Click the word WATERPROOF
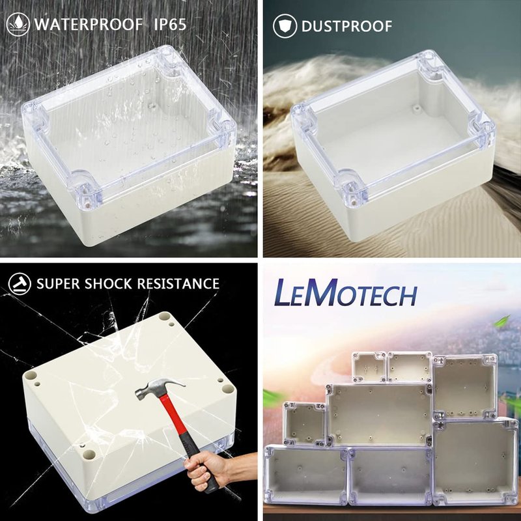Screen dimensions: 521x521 pyautogui.click(x=89, y=25)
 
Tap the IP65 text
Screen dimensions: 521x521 pyautogui.click(x=170, y=25)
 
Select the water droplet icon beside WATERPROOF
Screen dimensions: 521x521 pyautogui.click(x=18, y=24)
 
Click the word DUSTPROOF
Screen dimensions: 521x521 pyautogui.click(x=346, y=27)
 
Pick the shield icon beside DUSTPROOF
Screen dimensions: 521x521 pyautogui.click(x=285, y=26)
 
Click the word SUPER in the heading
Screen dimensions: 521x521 pyautogui.click(x=58, y=284)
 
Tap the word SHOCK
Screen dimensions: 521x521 pyautogui.click(x=108, y=284)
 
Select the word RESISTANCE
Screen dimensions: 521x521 pyautogui.click(x=178, y=284)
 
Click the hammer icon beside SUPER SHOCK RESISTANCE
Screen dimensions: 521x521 pyautogui.click(x=20, y=284)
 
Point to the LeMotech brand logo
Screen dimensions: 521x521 pyautogui.click(x=346, y=292)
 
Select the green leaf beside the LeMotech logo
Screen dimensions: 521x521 pyautogui.click(x=502, y=321)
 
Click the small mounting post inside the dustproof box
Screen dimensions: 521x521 pyautogui.click(x=415, y=107)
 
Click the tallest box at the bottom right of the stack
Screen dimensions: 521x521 pyautogui.click(x=476, y=461)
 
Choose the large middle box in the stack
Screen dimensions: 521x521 pyautogui.click(x=380, y=415)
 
